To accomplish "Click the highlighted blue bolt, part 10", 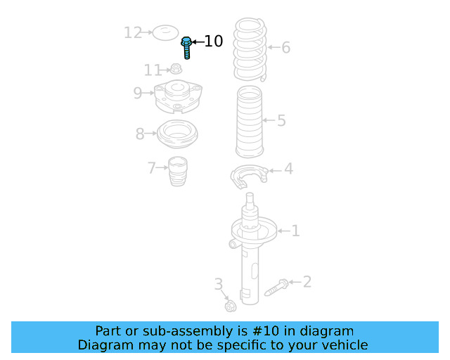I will click(187, 47).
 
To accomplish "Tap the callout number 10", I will click(213, 41).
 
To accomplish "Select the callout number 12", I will click(133, 32).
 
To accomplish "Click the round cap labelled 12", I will click(166, 32).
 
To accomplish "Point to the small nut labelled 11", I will click(176, 70).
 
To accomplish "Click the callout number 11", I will click(153, 70).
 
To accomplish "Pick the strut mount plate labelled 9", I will click(175, 97).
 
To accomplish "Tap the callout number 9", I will click(138, 93).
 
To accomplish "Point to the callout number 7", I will click(151, 168).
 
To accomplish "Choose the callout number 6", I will click(285, 48).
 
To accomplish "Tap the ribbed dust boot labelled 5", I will click(250, 122).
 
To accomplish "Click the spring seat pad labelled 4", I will click(249, 176).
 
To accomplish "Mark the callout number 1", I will click(295, 230).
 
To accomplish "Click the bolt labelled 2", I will click(277, 287).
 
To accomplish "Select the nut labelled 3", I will click(230, 306).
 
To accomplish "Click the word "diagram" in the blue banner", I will click(329, 330).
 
